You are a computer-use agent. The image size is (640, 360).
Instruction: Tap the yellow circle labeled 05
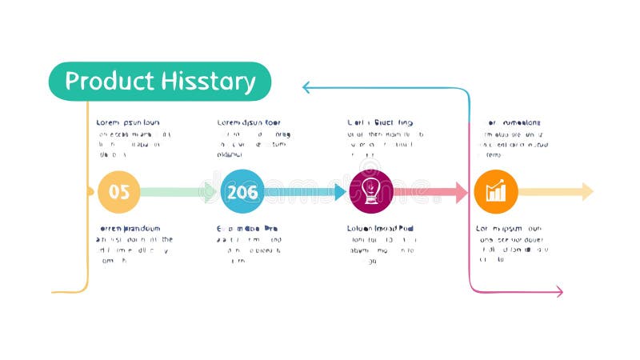119,192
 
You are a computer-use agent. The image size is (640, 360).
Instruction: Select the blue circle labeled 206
242,192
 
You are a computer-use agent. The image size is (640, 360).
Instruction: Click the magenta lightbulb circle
371,192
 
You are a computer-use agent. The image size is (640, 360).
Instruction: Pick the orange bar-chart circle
496,192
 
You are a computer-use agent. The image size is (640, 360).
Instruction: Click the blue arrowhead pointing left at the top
307,87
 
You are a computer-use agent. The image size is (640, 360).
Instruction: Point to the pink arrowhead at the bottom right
558,293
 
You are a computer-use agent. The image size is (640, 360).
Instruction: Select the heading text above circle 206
249,122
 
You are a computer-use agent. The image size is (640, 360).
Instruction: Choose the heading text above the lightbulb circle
380,122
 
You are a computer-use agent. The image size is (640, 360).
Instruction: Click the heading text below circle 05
129,228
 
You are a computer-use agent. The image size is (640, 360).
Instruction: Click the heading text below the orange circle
509,228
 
